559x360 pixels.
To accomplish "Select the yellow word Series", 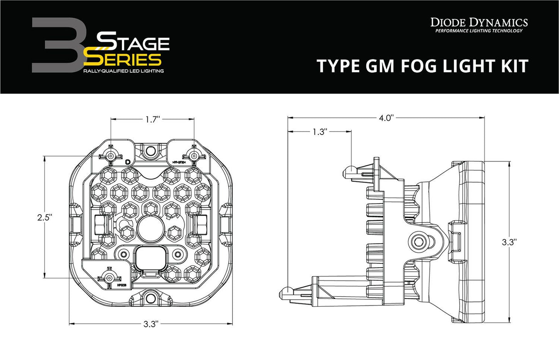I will point(122,60).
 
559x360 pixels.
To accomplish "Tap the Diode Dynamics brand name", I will point(479,22).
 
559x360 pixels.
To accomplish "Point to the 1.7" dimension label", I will point(153,119).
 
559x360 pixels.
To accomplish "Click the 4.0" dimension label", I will point(385,118).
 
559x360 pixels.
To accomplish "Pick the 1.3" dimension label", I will point(320,132).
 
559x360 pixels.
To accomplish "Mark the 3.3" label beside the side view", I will point(509,242).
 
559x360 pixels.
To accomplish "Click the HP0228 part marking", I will point(122,286).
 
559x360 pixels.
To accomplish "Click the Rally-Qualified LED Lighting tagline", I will point(123,71).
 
